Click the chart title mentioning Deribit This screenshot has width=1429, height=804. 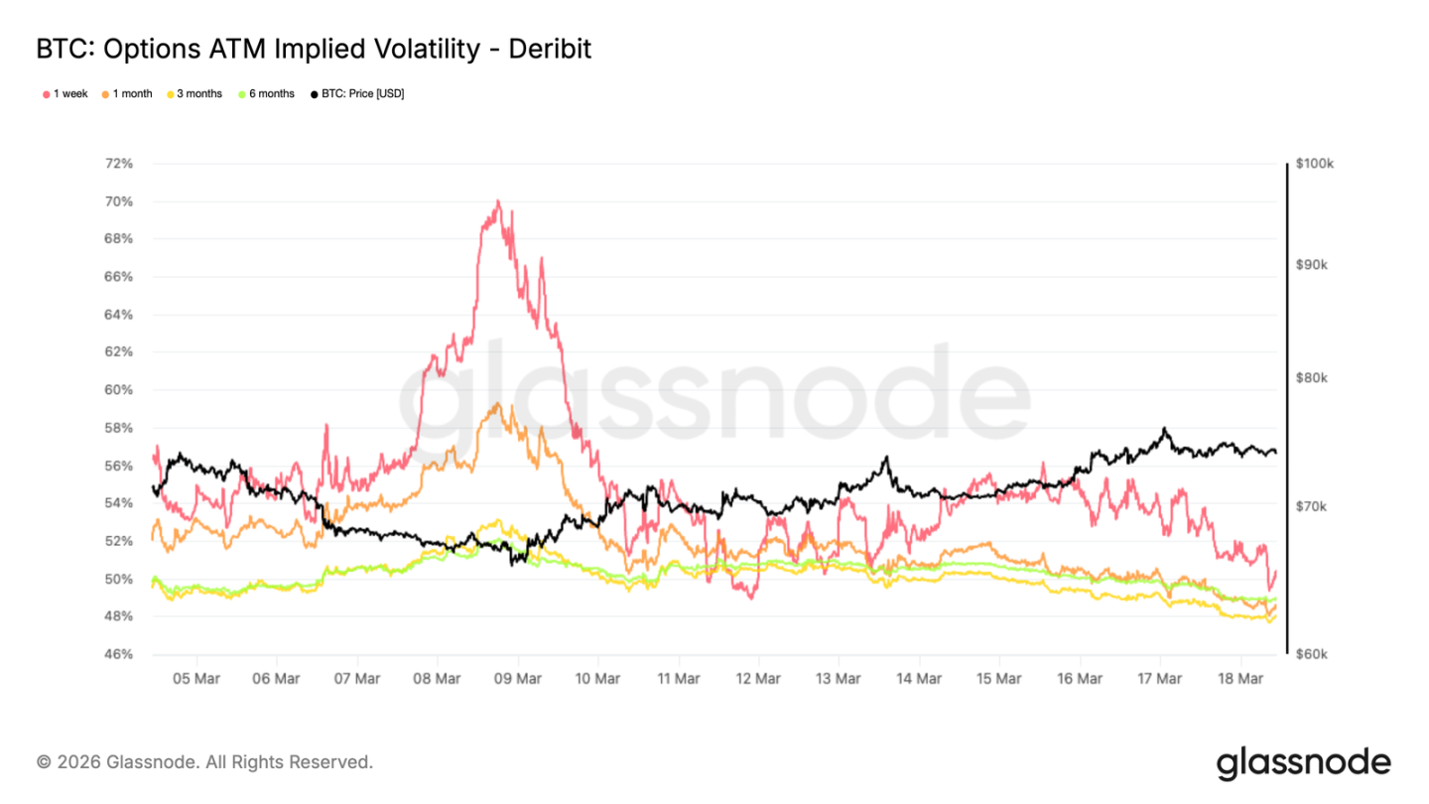tap(314, 49)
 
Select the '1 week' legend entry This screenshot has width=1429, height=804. tap(65, 94)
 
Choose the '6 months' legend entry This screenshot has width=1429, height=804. tap(265, 94)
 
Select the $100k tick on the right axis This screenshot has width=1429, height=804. tap(1315, 165)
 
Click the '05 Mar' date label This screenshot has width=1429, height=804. tap(196, 679)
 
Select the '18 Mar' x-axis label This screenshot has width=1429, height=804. tap(1239, 679)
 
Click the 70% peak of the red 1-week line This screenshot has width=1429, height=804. tap(497, 201)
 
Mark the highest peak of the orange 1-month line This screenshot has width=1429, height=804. tap(496, 403)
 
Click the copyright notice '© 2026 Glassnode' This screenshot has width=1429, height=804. tap(204, 762)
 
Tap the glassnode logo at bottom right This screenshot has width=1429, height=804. tap(1303, 762)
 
